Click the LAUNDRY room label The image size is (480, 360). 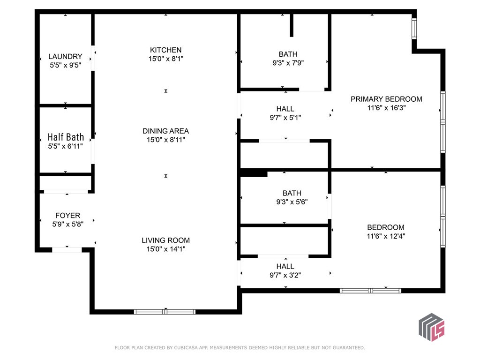pos(65,57)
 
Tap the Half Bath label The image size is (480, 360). pos(66,137)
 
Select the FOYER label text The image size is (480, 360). pos(68,216)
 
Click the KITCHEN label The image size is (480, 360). pos(165,50)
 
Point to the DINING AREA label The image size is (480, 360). pos(165,131)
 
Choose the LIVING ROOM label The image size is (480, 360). pos(165,240)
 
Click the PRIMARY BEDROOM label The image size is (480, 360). pos(386,99)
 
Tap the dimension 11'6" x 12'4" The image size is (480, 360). pos(386,236)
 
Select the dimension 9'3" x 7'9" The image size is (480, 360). pos(287,63)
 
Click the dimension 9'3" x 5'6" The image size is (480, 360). pos(292,202)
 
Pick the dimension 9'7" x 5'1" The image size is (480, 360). pos(285,118)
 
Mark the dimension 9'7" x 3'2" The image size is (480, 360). pos(285,275)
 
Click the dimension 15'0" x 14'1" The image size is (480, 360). pos(165,249)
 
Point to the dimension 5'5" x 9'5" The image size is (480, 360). pos(65,66)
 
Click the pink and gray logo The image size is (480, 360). pos(431,327)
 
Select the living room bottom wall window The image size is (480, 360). pos(165,312)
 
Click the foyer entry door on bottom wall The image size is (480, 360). pos(67,250)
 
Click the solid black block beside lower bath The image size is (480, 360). pos(254,173)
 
